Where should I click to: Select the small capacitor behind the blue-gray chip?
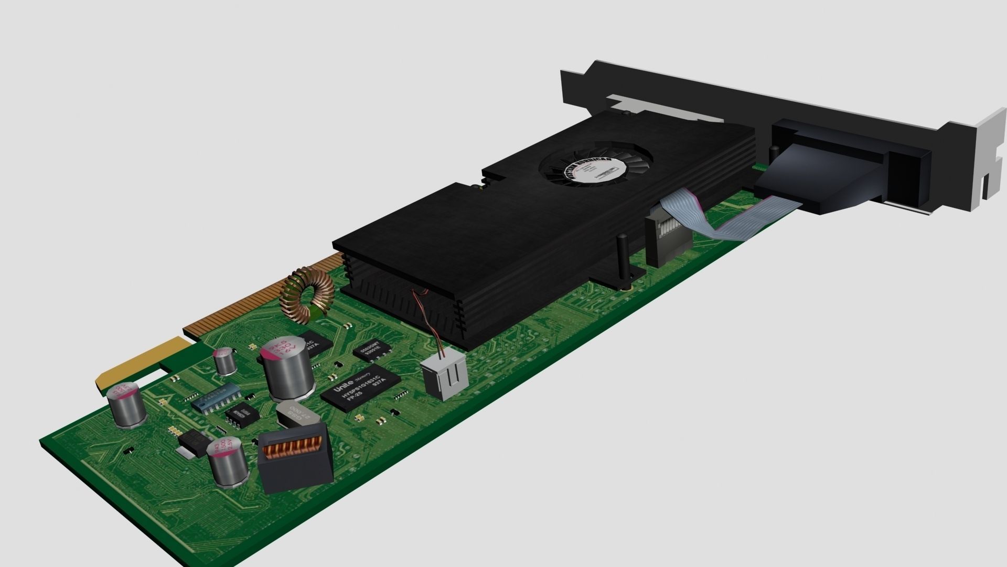pyautogui.click(x=224, y=361)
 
